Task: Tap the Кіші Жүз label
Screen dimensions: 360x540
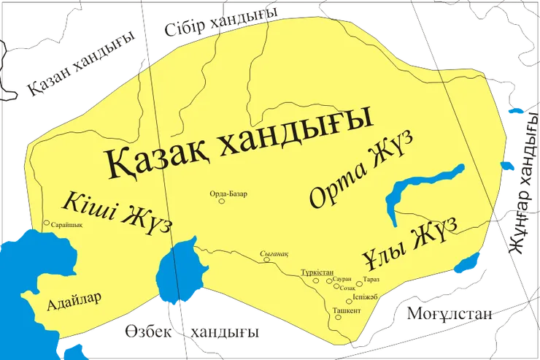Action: pyautogui.click(x=117, y=211)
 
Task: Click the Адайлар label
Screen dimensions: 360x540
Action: pyautogui.click(x=73, y=301)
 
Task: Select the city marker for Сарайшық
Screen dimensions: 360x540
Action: pyautogui.click(x=47, y=223)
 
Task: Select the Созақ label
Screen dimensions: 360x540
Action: pyautogui.click(x=349, y=288)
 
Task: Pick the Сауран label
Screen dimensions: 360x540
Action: pyautogui.click(x=343, y=280)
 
